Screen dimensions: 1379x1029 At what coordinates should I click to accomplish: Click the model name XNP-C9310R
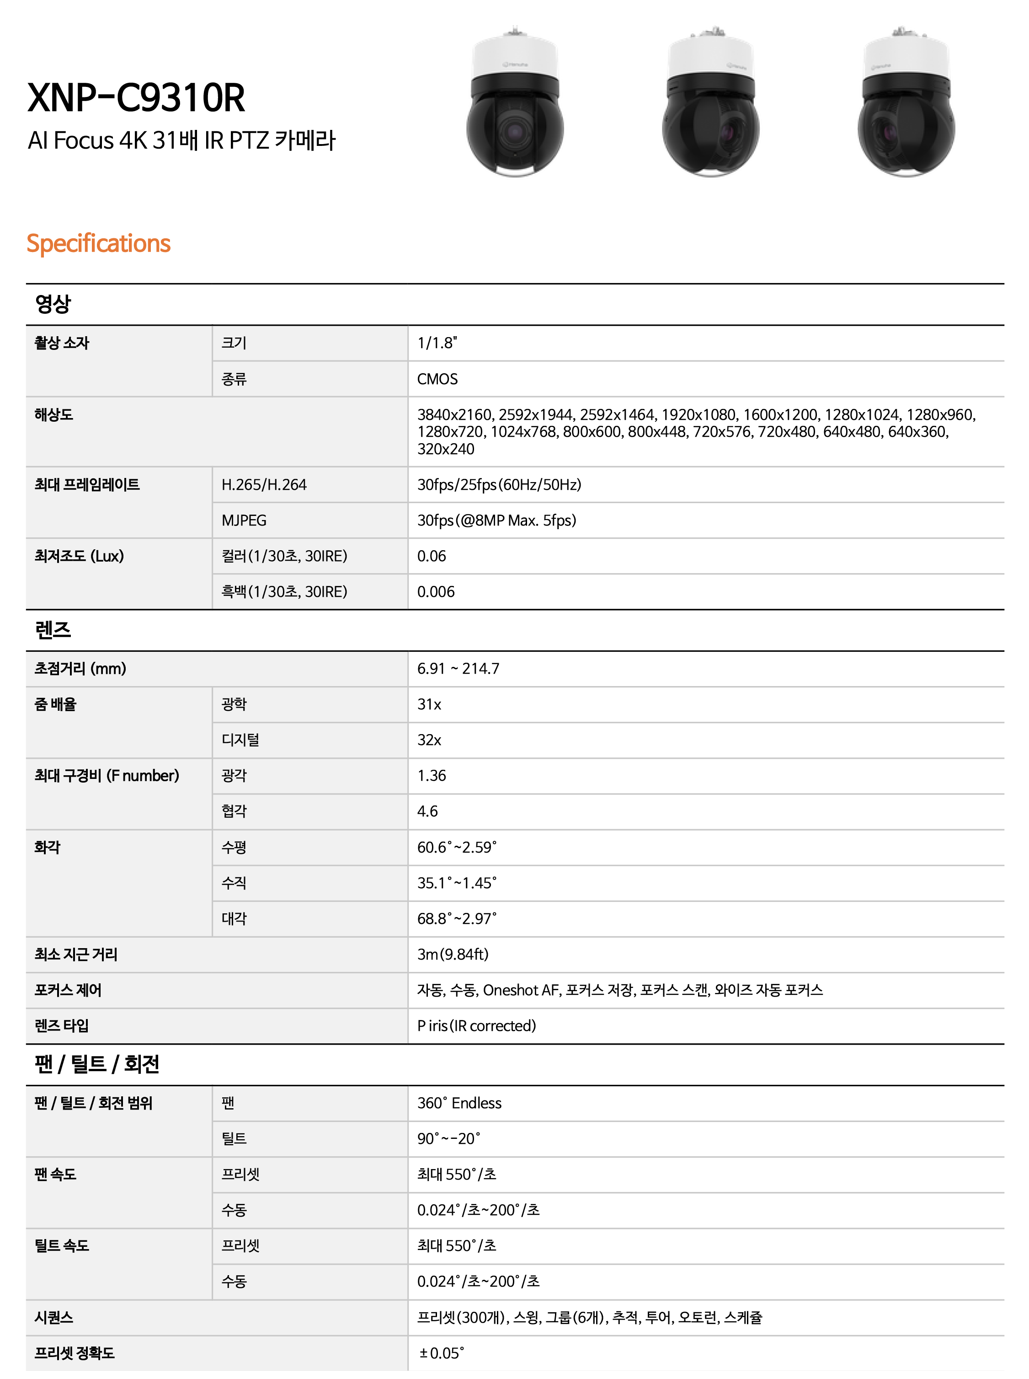pyautogui.click(x=136, y=98)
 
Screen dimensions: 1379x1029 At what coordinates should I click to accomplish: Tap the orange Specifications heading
pyautogui.click(x=98, y=243)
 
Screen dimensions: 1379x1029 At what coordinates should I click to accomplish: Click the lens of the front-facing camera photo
pyautogui.click(x=515, y=131)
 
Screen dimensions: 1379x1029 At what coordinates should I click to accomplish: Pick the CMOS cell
pyautogui.click(x=437, y=379)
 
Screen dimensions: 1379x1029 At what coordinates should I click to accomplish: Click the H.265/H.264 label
pyautogui.click(x=264, y=485)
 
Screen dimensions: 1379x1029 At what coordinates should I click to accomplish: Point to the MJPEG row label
pyautogui.click(x=244, y=520)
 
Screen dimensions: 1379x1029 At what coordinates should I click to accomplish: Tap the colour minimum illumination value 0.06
pyautogui.click(x=432, y=556)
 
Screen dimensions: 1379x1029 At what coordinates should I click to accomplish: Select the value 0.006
pyautogui.click(x=436, y=591)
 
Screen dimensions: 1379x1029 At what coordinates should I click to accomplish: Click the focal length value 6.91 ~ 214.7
pyautogui.click(x=459, y=669)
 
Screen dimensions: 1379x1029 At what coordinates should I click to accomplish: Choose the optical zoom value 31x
pyautogui.click(x=429, y=704)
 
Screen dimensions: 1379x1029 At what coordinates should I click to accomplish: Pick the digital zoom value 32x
pyautogui.click(x=429, y=740)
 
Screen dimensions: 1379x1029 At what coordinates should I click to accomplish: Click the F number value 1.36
pyautogui.click(x=432, y=775)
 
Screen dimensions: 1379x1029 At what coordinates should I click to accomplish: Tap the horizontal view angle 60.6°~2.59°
pyautogui.click(x=457, y=847)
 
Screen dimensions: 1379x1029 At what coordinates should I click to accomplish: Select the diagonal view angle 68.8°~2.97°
pyautogui.click(x=457, y=918)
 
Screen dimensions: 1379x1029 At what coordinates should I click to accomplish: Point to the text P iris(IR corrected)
pyautogui.click(x=476, y=1026)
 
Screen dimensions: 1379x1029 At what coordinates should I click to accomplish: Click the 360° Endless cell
pyautogui.click(x=459, y=1103)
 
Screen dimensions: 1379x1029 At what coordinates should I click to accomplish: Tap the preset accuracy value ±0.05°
pyautogui.click(x=442, y=1353)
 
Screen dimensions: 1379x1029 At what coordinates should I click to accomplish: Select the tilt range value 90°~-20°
pyautogui.click(x=448, y=1138)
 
